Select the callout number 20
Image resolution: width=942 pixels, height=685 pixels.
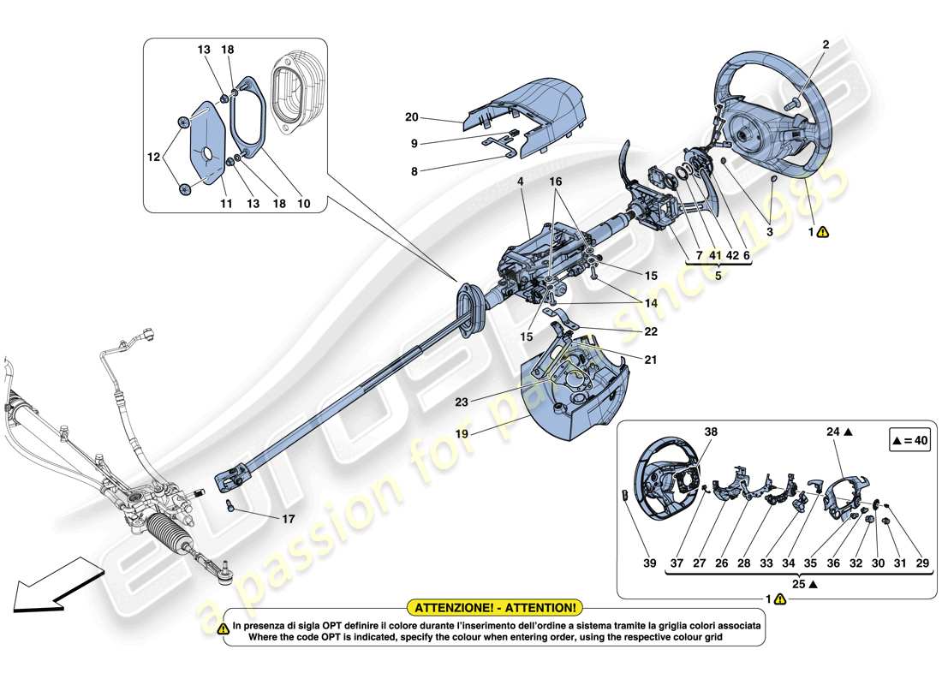pos(411,117)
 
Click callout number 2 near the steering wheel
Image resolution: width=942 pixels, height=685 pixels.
pos(826,44)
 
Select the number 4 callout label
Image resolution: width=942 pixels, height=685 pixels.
pos(520,182)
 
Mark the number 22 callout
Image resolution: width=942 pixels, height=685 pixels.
pos(651,332)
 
